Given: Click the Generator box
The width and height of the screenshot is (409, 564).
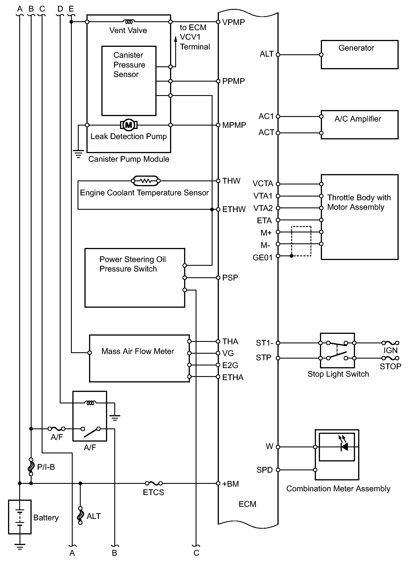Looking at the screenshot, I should point(359,55).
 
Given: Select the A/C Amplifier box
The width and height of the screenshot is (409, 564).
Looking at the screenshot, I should point(359,125).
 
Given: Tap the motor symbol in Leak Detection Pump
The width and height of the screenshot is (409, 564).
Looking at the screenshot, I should point(129,125).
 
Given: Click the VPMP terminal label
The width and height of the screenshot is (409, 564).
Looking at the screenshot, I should point(234,22).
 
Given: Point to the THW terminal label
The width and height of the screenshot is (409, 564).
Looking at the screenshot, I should point(231,181).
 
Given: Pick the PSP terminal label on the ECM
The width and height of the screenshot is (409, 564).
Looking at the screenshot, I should point(230,278).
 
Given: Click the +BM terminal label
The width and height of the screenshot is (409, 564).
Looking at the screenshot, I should point(231,484).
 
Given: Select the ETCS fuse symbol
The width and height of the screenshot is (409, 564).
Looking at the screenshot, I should point(154,483).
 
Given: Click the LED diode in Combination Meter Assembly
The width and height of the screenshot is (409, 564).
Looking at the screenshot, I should point(344,447).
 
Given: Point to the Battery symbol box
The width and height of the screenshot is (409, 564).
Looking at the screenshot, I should point(20,517).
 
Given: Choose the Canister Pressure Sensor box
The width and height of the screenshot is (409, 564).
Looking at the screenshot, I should point(129,81).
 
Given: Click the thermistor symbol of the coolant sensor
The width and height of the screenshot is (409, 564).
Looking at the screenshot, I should point(146,181).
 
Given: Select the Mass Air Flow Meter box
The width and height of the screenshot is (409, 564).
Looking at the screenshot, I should point(139,358).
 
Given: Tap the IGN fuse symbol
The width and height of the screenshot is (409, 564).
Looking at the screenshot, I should point(390,343).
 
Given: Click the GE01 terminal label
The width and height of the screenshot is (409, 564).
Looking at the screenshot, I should point(262,258).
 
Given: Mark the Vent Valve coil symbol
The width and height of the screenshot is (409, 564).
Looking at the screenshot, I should point(129,22).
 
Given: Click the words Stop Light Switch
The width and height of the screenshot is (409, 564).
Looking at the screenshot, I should point(338,374).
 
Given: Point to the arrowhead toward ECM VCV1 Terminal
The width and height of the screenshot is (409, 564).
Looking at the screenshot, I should point(176,39).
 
